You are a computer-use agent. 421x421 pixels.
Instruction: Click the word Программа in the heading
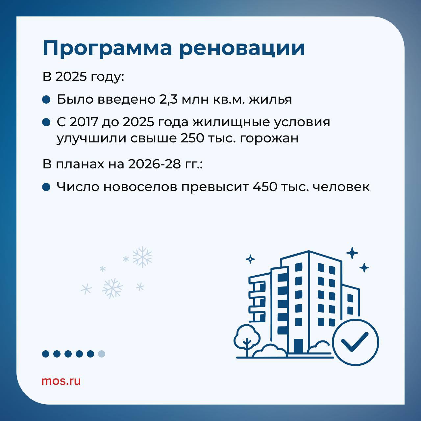(107, 49)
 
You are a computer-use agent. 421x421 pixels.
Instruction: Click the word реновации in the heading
(242, 49)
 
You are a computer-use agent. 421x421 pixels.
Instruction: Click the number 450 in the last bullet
(265, 187)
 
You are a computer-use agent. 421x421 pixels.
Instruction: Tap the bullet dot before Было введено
(46, 100)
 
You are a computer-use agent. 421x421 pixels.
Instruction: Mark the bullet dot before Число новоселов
(46, 187)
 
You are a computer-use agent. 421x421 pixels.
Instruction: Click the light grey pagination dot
(101, 354)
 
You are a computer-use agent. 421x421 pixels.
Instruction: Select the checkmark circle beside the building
(356, 342)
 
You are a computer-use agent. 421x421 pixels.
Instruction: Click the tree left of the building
(247, 340)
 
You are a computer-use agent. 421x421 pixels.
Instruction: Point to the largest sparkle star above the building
(352, 253)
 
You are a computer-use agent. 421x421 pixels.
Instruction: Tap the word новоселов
(140, 187)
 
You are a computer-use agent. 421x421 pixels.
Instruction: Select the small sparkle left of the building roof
(250, 259)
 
